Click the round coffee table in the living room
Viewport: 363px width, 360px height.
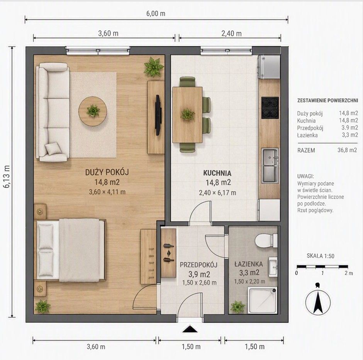point(93,111)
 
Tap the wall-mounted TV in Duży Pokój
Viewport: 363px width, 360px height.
point(158,115)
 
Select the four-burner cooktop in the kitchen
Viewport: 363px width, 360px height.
point(270,108)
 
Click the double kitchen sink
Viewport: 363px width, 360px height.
point(270,165)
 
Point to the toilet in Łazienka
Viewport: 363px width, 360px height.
point(266,241)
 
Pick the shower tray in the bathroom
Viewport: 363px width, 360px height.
point(263,300)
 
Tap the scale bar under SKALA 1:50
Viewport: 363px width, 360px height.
point(322,266)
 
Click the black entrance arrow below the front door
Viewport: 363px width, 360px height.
point(190,329)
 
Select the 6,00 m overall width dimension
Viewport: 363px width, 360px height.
point(156,14)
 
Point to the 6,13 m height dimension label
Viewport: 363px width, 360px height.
point(7,176)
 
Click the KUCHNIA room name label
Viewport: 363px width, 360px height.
point(217,173)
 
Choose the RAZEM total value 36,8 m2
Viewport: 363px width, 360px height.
point(347,150)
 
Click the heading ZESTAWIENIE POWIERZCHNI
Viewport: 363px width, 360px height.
point(327,101)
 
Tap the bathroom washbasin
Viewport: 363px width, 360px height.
point(273,267)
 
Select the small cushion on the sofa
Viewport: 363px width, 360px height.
point(53,148)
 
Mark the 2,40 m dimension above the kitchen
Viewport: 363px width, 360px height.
point(231,34)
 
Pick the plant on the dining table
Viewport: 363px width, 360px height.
point(188,114)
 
